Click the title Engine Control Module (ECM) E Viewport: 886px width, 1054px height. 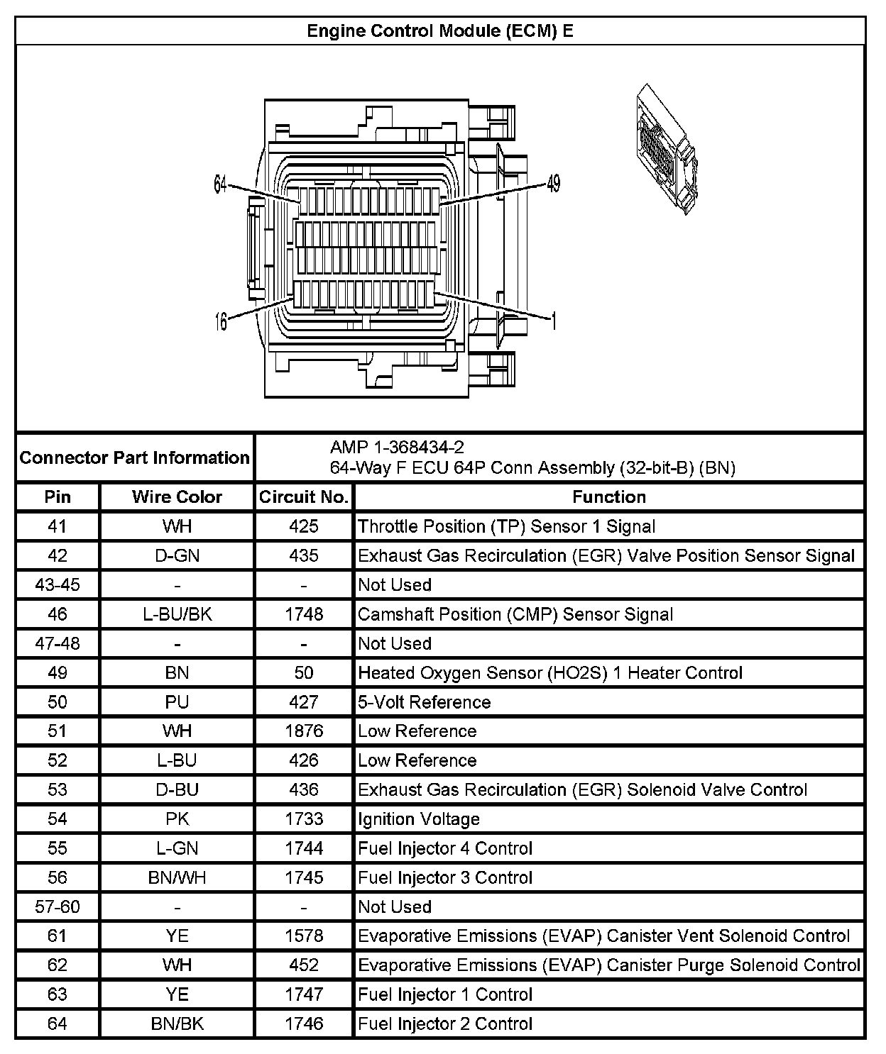pyautogui.click(x=439, y=31)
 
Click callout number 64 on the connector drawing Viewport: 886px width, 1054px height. pyautogui.click(x=220, y=184)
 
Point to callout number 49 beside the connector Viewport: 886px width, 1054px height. pyautogui.click(x=554, y=184)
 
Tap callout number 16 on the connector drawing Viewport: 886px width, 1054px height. pyautogui.click(x=221, y=322)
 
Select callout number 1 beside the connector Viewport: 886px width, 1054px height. pyautogui.click(x=554, y=321)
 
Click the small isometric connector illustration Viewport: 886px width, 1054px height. pyautogui.click(x=667, y=150)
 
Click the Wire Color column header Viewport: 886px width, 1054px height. pyautogui.click(x=177, y=497)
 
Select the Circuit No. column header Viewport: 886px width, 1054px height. pyautogui.click(x=304, y=497)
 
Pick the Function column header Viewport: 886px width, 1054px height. pyautogui.click(x=609, y=497)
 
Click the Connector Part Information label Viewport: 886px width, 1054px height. pyautogui.click(x=135, y=457)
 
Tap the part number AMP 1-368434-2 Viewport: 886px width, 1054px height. pyautogui.click(x=397, y=447)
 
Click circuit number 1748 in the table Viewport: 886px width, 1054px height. pyautogui.click(x=304, y=614)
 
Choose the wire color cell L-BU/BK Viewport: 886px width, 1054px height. pyautogui.click(x=177, y=614)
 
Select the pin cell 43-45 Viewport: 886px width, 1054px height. pyautogui.click(x=58, y=585)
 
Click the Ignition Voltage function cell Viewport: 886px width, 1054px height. pyautogui.click(x=419, y=819)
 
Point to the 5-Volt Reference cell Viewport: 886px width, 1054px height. pyautogui.click(x=425, y=702)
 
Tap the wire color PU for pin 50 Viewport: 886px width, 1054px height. pyautogui.click(x=177, y=702)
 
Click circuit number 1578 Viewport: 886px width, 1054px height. pyautogui.click(x=304, y=936)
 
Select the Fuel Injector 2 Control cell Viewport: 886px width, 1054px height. pyautogui.click(x=445, y=1024)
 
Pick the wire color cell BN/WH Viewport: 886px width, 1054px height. pyautogui.click(x=177, y=878)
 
